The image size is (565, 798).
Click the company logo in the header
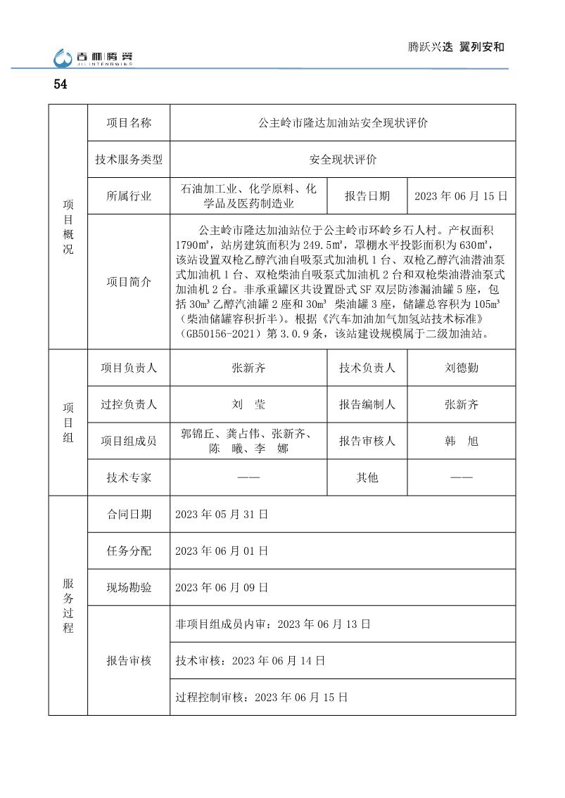pos(93,58)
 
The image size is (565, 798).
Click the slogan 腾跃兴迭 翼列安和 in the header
pos(457,47)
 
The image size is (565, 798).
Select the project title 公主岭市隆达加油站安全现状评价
pos(343,123)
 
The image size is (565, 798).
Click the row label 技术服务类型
pos(129,160)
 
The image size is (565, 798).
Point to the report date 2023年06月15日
pos(461,196)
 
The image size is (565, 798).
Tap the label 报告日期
pos(367,196)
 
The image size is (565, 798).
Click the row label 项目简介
pos(129,282)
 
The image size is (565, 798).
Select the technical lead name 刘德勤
pos(461,368)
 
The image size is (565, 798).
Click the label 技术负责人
pos(367,368)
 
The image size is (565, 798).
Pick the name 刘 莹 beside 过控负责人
pos(248,404)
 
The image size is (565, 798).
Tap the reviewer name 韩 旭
pos(461,441)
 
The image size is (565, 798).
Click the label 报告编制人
pos(367,404)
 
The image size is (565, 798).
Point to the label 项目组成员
pos(129,441)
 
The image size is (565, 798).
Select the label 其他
pos(367,477)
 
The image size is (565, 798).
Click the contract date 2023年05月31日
pos(222,514)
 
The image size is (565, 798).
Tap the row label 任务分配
pos(129,551)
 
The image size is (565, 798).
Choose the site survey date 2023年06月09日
pos(222,587)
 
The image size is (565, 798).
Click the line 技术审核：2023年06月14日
pos(250,661)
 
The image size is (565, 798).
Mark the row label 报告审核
pos(129,661)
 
